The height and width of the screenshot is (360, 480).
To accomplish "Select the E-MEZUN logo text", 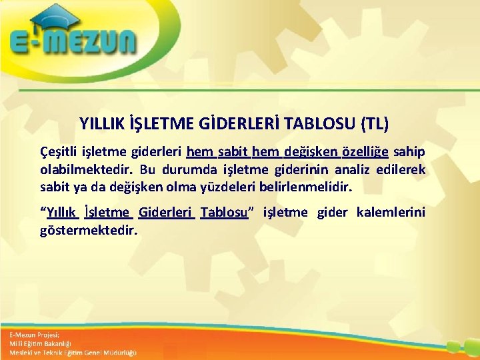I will (x=73, y=44).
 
